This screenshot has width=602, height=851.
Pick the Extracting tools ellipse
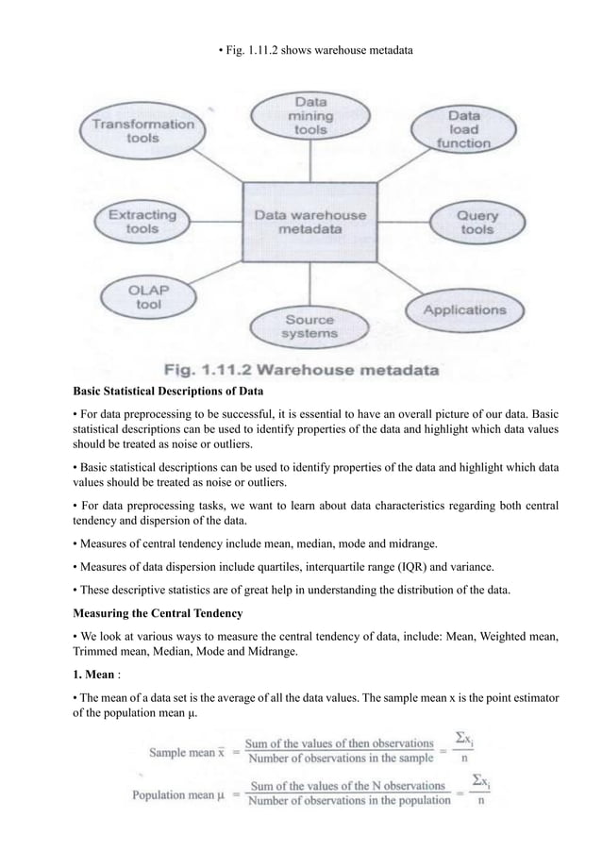142,220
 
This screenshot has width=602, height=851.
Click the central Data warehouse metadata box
309,222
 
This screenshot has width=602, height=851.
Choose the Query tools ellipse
476,222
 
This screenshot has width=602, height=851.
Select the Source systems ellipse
309,325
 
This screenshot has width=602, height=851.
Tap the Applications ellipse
463,309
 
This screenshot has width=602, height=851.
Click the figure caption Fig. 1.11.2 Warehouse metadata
300,371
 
